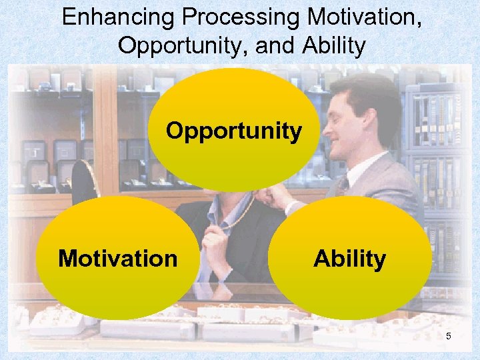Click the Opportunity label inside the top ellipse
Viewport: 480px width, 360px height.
point(233,131)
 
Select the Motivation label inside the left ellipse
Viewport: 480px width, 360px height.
point(118,258)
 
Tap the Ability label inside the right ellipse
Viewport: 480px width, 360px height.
point(349,259)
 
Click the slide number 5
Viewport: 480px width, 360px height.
point(449,336)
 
